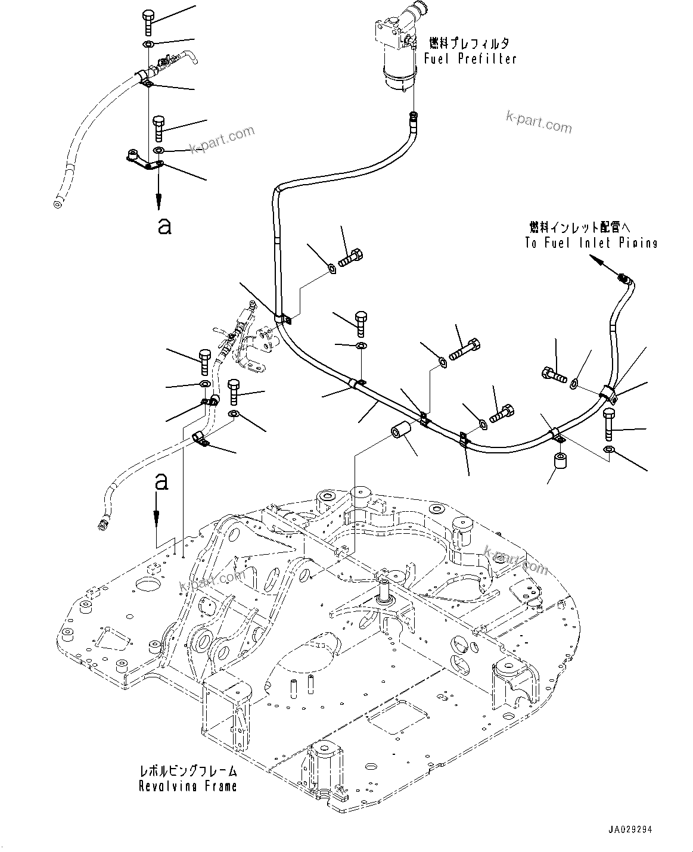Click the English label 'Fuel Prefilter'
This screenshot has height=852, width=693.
coord(470,58)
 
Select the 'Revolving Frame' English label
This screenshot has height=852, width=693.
coord(188,786)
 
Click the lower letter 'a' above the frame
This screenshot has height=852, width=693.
coord(160,482)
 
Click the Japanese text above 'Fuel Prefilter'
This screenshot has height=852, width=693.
coord(470,43)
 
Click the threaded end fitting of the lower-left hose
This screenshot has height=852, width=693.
coord(102,525)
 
